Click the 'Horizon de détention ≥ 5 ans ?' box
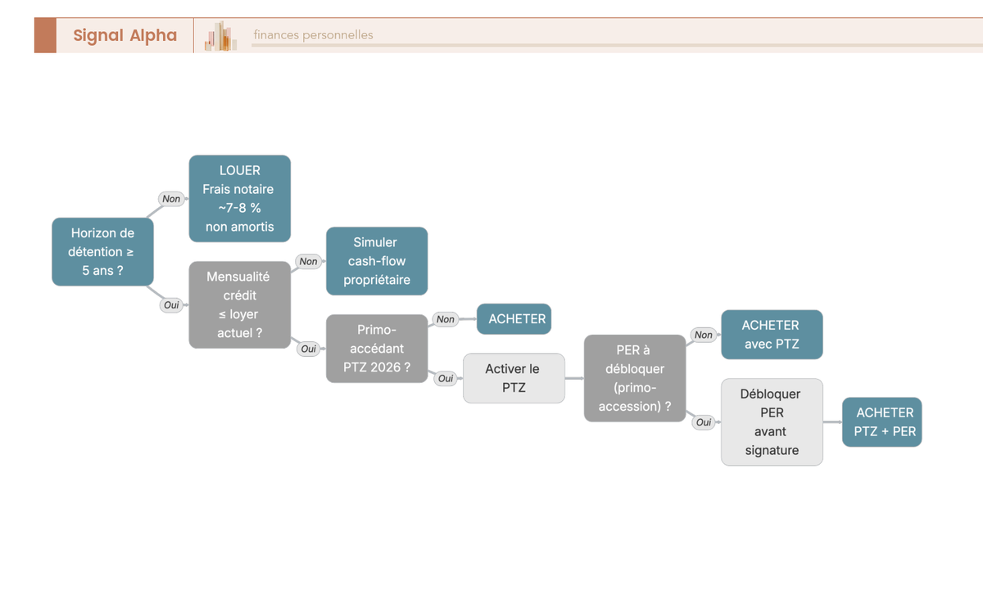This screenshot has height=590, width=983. click(102, 251)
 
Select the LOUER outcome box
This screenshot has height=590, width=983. click(239, 199)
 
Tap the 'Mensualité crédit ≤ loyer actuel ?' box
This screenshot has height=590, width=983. click(239, 304)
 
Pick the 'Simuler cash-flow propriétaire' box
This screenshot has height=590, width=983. click(377, 261)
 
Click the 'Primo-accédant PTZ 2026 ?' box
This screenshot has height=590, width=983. click(377, 349)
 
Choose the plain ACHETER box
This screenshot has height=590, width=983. click(514, 319)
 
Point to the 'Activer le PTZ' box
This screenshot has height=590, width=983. click(514, 378)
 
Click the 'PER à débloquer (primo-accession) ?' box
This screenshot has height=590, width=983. click(635, 378)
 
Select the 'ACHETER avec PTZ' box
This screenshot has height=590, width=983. click(772, 335)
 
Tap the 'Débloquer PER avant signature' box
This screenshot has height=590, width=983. click(772, 422)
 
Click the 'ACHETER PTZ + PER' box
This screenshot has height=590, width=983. click(882, 422)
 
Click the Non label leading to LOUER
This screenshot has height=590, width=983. click(171, 199)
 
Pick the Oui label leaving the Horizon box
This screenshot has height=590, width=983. click(171, 305)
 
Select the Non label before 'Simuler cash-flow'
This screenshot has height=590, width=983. click(309, 261)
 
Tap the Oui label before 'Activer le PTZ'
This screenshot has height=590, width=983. click(446, 378)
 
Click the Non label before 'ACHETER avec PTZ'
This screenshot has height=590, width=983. click(704, 335)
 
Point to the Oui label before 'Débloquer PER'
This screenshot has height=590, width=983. click(704, 422)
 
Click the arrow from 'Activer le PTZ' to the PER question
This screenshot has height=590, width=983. click(574, 378)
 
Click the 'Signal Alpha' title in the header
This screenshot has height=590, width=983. click(125, 35)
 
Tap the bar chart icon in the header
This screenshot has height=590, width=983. click(220, 35)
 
